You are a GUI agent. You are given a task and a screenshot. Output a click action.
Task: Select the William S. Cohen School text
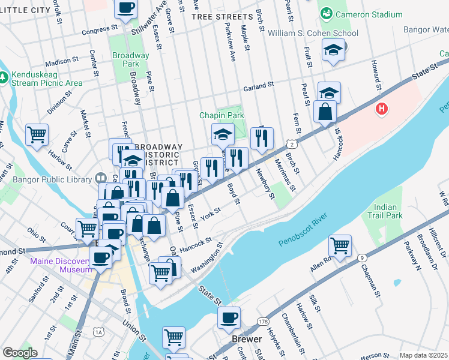click(x=313, y=34)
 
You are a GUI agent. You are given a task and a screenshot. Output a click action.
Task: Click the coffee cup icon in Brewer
click(x=228, y=318)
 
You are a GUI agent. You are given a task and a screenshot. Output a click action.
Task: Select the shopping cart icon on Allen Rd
click(x=340, y=245)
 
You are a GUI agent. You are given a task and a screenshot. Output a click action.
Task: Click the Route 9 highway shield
click(x=361, y=258)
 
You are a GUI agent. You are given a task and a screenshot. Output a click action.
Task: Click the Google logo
click(x=19, y=353)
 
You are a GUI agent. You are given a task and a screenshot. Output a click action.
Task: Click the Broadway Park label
click(x=130, y=59)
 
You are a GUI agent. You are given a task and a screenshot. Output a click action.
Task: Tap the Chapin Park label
click(x=222, y=115)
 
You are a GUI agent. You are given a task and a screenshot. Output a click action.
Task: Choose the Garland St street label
click(x=258, y=86)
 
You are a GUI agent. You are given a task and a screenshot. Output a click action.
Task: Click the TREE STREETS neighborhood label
click(x=221, y=17)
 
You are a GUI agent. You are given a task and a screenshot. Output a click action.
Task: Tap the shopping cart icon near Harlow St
click(x=37, y=135)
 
